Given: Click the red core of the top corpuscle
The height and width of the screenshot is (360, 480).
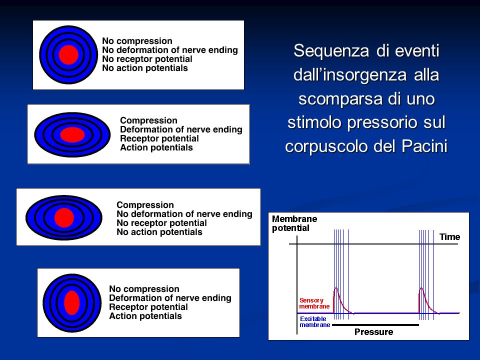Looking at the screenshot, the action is pos(68,55).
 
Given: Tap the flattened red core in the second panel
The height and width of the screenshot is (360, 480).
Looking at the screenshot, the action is pos(72,134).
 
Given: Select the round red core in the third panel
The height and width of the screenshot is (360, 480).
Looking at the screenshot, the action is pos(64,217).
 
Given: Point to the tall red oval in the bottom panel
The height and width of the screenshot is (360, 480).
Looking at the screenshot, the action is pos(72,303).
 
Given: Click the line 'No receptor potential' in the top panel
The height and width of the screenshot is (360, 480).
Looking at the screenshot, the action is pos(147,59).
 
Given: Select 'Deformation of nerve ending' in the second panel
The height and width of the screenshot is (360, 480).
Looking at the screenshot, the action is pos(181,129).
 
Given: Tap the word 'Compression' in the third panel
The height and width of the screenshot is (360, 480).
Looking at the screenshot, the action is pos(145,205).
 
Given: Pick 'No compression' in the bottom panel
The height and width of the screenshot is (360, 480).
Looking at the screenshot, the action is pos(144,289).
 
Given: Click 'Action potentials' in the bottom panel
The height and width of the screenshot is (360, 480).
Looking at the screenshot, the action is pos(145,316).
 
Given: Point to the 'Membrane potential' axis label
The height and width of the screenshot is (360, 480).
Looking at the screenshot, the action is pos(294,223).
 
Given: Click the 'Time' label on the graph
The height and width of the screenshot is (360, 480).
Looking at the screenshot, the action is pos(449,237).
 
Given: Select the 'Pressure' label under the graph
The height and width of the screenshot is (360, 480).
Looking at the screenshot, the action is pos(374,332).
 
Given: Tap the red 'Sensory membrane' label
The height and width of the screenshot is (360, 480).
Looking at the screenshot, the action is pos(314,303).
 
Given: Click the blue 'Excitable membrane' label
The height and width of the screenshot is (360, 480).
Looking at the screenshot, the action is pos(314,321).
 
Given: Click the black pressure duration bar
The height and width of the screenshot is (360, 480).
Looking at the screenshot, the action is pos(375,325).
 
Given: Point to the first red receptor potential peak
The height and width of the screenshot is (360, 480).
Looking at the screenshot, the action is pos(336,288).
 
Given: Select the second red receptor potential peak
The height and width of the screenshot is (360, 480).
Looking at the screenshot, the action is pos(421,288).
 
